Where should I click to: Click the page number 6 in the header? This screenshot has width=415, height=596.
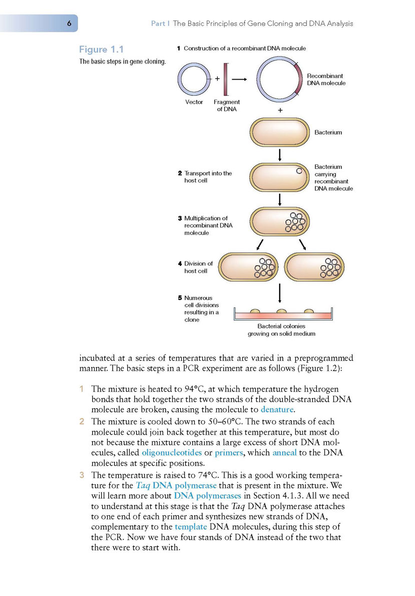tap(69, 24)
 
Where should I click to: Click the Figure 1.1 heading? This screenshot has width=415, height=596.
tap(102, 50)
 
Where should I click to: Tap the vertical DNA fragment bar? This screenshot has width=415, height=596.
tap(226, 80)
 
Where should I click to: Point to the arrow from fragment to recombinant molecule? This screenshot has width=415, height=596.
tap(239, 80)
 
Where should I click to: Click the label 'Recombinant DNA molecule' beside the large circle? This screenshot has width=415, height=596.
tap(326, 80)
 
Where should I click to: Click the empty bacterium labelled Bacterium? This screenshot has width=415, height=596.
tap(280, 132)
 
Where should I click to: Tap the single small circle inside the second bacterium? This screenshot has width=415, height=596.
tap(299, 171)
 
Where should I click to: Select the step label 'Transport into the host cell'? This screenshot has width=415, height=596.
tap(205, 177)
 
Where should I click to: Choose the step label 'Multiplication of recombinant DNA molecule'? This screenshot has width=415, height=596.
tap(205, 225)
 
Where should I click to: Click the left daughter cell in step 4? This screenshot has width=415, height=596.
tap(248, 267)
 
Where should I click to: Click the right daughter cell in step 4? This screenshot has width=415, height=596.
tap(314, 267)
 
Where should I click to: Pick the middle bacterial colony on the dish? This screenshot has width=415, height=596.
tap(282, 312)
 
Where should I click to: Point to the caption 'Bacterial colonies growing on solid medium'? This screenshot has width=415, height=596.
tap(282, 330)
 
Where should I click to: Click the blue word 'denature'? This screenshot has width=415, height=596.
tap(277, 410)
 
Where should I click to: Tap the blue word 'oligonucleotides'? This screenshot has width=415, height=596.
tap(172, 453)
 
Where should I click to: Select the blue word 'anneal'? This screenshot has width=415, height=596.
tap(284, 453)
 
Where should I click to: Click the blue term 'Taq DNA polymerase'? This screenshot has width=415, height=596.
tap(176, 486)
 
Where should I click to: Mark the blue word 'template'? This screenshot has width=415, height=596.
tap(191, 527)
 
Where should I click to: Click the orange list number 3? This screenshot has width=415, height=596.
tap(82, 475)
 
